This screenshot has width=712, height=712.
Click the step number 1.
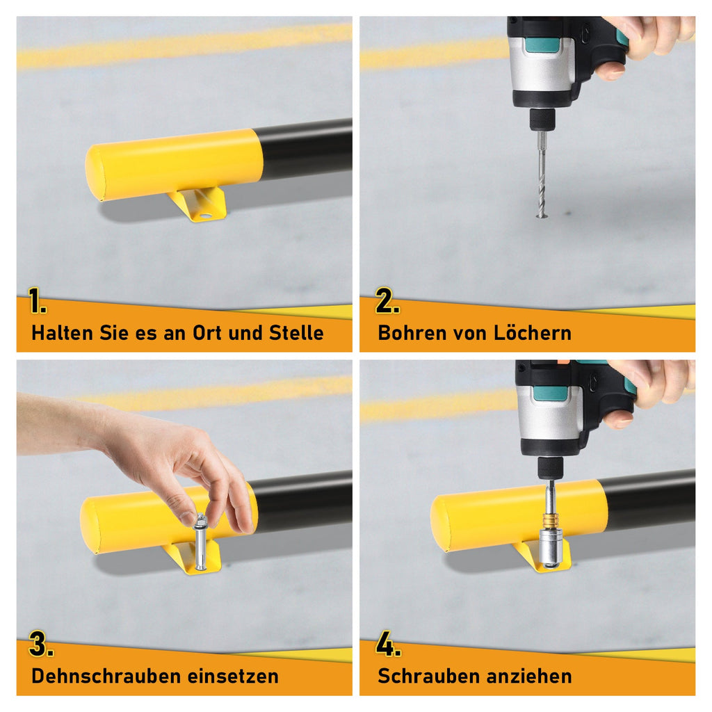[x=38, y=302]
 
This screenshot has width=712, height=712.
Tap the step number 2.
[x=387, y=302]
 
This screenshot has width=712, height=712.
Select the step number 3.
[x=40, y=645]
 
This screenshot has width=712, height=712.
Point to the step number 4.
[x=387, y=645]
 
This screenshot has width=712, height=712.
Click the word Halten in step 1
[x=60, y=332]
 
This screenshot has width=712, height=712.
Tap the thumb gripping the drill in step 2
[x=609, y=70]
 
